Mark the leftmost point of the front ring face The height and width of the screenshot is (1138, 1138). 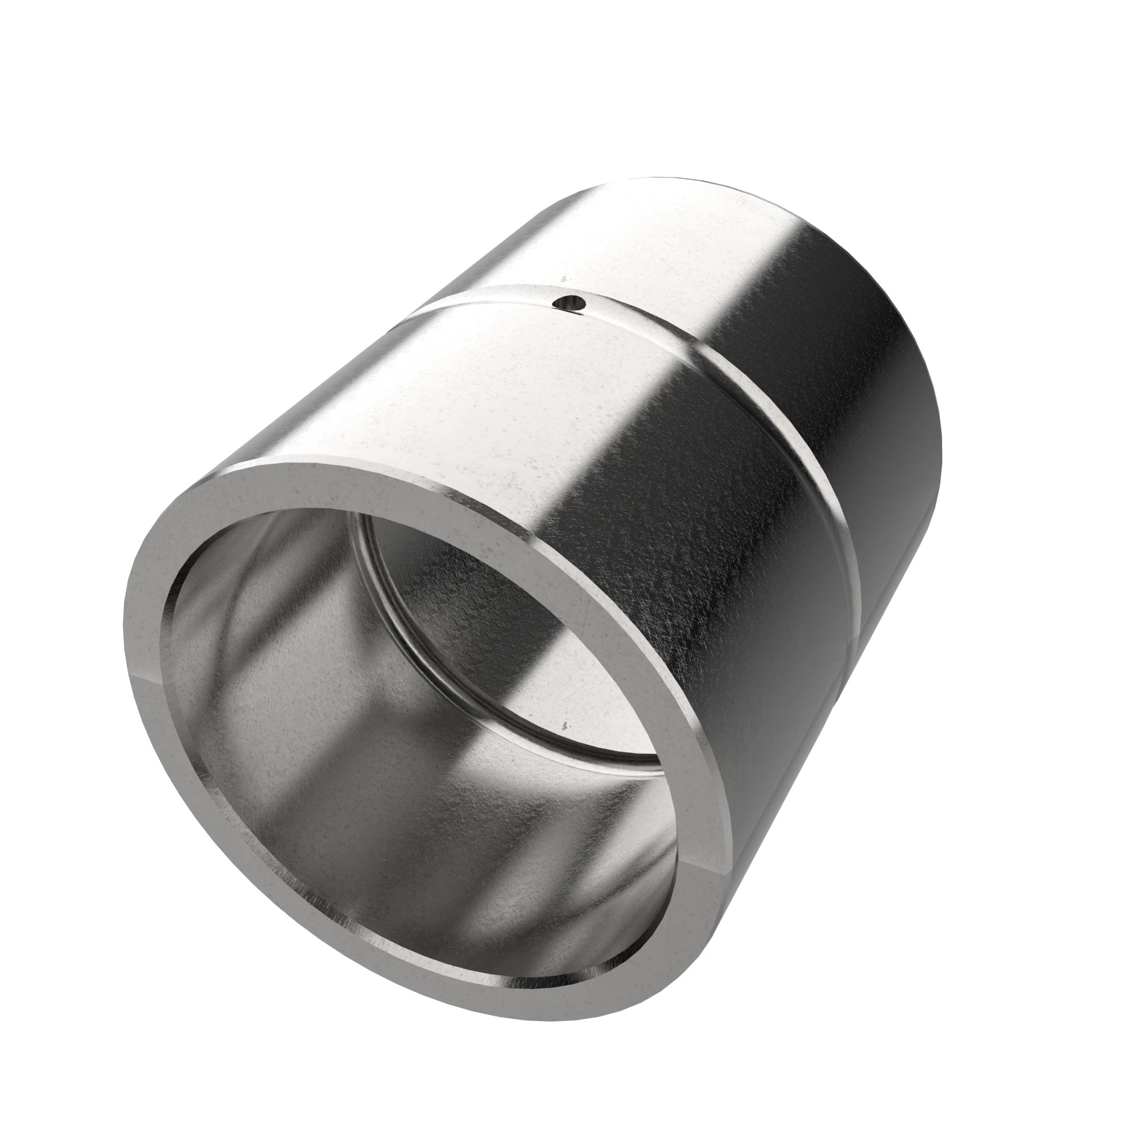(126, 666)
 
